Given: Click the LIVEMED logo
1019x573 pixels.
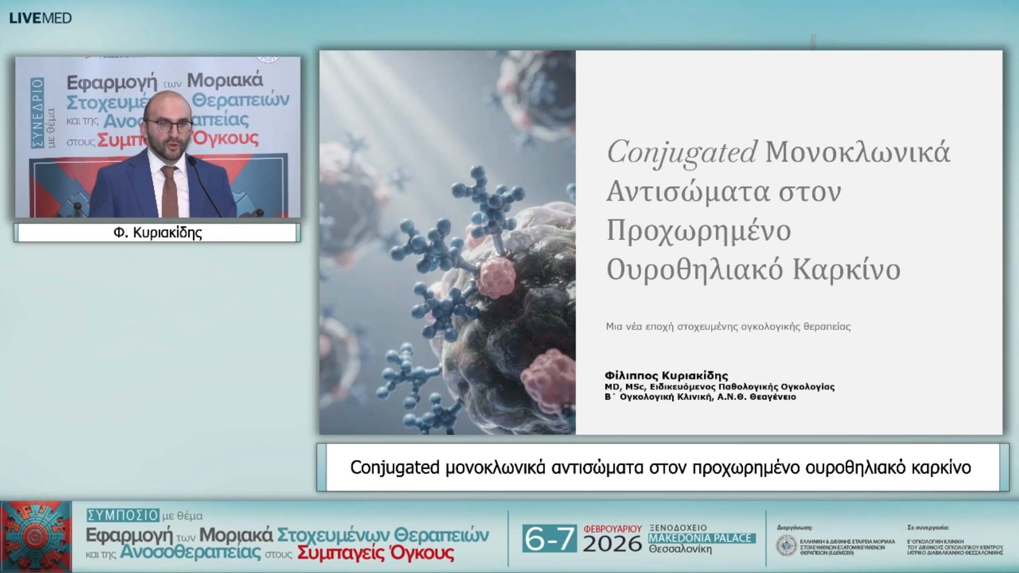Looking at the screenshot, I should tap(40, 18).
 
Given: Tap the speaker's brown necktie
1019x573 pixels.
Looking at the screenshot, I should tap(169, 191).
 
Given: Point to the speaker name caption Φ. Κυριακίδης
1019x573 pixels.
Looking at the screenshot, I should tap(158, 233).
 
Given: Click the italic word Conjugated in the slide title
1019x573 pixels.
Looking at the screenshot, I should tap(681, 153).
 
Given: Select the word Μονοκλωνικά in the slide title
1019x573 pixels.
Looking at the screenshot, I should tap(857, 153).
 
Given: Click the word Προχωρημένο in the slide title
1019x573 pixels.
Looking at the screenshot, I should tap(698, 231).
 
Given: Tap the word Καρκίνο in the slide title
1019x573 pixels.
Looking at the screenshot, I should tap(847, 270).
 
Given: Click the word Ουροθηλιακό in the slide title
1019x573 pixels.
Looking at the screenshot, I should tap(694, 270).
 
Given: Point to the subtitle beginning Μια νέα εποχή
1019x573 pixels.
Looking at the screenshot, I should tap(728, 327).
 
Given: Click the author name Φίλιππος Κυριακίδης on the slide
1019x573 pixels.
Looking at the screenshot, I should tap(666, 376).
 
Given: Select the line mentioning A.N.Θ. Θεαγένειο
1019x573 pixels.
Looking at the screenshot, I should tap(700, 397).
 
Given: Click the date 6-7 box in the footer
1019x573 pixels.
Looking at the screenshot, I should tap(549, 539).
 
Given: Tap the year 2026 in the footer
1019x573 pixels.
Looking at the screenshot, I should tap(612, 544).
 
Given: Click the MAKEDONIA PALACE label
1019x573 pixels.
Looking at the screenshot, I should tap(700, 538).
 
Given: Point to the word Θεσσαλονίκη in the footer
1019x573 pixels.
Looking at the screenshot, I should tap(680, 549).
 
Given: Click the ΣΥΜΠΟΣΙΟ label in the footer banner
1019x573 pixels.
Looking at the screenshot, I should tap(123, 515).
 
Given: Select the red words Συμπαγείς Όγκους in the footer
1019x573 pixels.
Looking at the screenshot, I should tap(375, 553).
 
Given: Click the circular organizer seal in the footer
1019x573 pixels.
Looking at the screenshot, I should tap(786, 546).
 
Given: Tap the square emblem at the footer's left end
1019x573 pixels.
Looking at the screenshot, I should tap(36, 536).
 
